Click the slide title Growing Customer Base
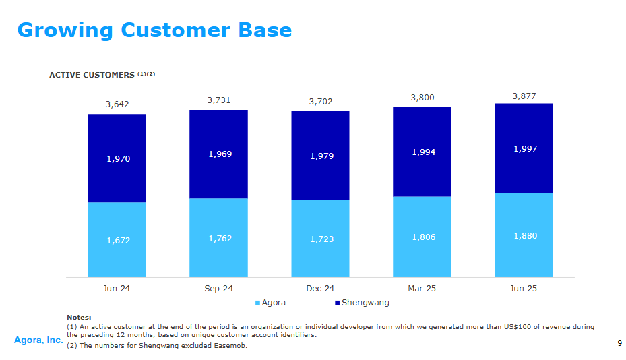154,30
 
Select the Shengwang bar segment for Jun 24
117,158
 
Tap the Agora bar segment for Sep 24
218,238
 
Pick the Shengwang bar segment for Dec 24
320,156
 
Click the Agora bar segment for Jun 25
524,235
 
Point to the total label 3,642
117,104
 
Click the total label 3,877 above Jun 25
524,96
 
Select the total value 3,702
321,102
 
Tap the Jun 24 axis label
117,289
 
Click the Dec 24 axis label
320,289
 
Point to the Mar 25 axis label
422,289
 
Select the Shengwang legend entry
361,303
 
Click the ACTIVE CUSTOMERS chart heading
92,75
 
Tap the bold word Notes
80,317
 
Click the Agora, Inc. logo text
38,341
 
